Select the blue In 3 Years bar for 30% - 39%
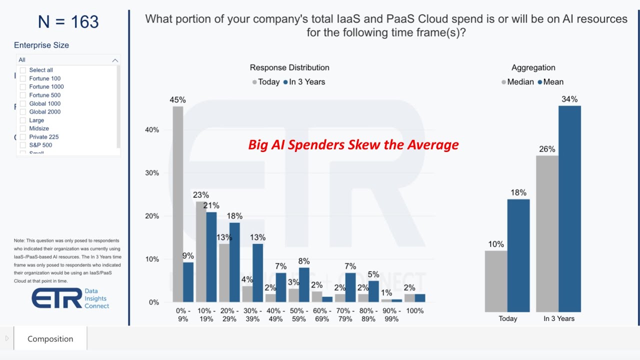point(257,272)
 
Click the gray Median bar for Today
point(496,281)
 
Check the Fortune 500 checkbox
point(23,95)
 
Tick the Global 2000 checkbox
point(23,112)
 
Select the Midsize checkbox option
point(23,128)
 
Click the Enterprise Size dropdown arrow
point(115,60)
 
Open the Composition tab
point(50,338)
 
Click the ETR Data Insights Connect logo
point(70,298)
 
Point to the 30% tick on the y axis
point(151,173)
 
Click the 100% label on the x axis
point(415,311)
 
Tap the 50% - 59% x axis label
point(299,314)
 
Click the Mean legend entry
point(550,82)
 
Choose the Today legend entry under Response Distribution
point(266,82)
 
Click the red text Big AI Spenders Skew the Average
point(353,145)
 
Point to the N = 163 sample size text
point(68,22)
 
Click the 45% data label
point(177,99)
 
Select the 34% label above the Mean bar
point(569,99)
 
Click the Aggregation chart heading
point(533,67)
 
